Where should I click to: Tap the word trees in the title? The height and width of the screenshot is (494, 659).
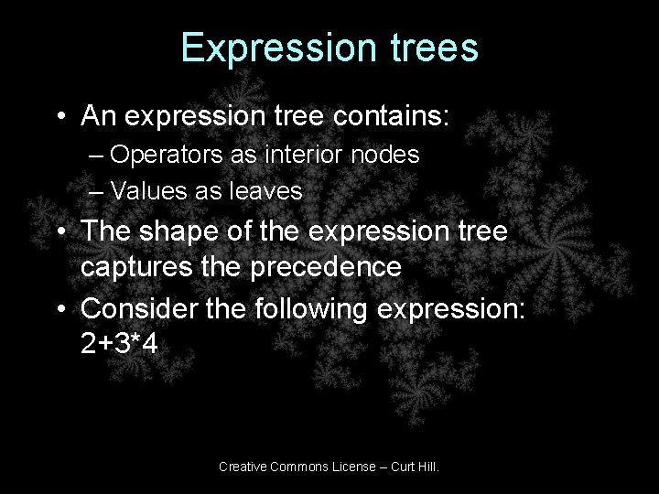click(430, 47)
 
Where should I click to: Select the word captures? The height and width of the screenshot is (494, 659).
click(140, 267)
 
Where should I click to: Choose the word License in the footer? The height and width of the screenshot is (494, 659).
click(346, 467)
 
